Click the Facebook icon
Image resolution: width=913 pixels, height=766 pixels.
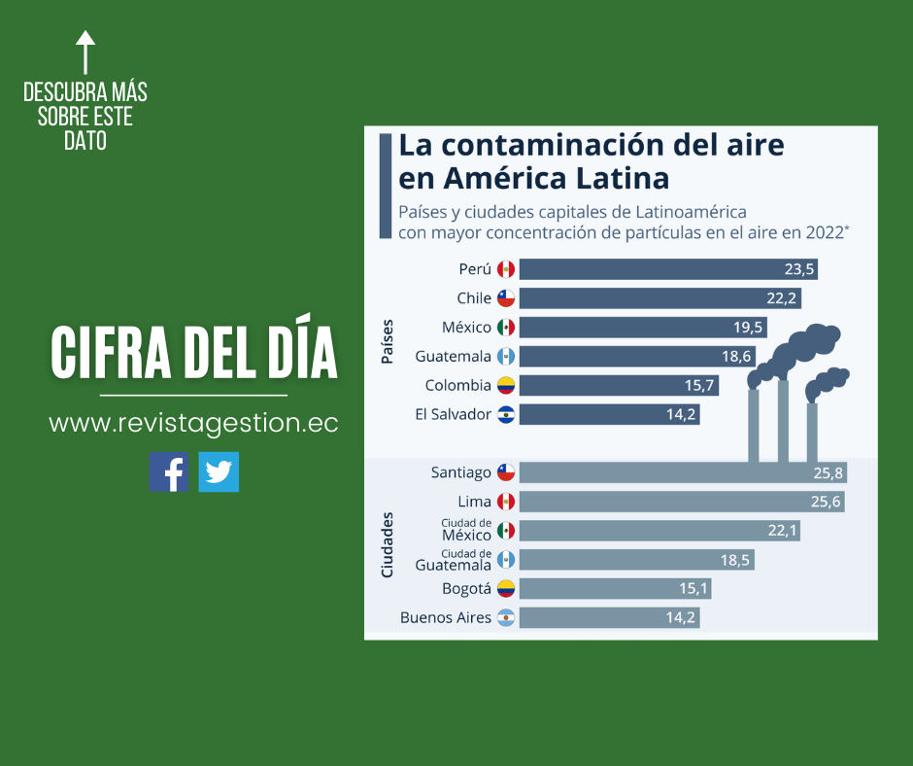[169, 471]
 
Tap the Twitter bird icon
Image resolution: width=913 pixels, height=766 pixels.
[219, 471]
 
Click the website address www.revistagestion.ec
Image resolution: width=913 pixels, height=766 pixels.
[193, 424]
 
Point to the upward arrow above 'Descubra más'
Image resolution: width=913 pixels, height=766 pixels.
[85, 52]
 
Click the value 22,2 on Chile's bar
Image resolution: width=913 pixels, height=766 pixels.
[784, 298]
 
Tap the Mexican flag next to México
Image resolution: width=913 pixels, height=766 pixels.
[505, 328]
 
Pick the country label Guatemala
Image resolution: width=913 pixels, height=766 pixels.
[453, 357]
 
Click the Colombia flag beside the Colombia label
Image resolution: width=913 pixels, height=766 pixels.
[505, 386]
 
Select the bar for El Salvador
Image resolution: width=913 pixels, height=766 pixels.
[609, 415]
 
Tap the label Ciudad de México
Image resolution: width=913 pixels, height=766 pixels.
[465, 530]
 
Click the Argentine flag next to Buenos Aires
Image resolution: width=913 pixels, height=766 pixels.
[505, 618]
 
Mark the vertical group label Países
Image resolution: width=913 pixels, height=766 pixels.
[387, 342]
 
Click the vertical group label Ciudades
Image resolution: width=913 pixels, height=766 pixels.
[387, 545]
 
